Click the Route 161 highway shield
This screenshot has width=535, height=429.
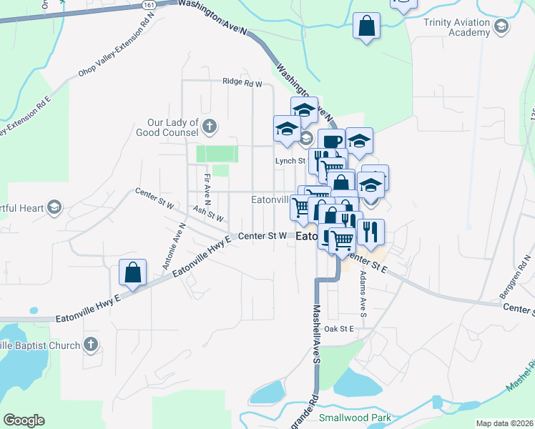coord(148,4)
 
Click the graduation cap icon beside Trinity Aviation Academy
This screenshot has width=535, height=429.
coord(501,26)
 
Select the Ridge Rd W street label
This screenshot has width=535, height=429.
coord(242,83)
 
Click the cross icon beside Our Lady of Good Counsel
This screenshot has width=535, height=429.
coord(210,127)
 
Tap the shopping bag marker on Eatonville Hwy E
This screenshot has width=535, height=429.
coord(133,272)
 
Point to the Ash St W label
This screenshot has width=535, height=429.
coord(208,212)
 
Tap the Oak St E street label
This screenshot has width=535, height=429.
coord(339,329)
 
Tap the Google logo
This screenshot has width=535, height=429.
coord(24,420)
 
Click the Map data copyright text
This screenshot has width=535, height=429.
coord(504,423)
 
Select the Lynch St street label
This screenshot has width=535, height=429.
coord(290,162)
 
